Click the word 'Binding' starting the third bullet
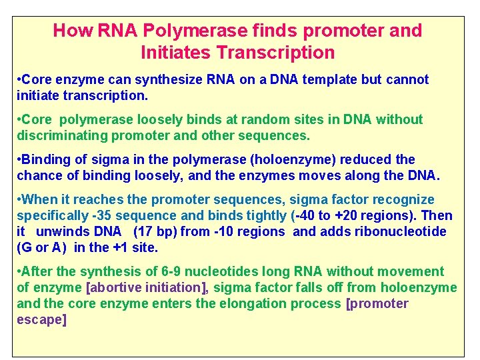pos(46,160)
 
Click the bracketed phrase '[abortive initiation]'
pos(147,288)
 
